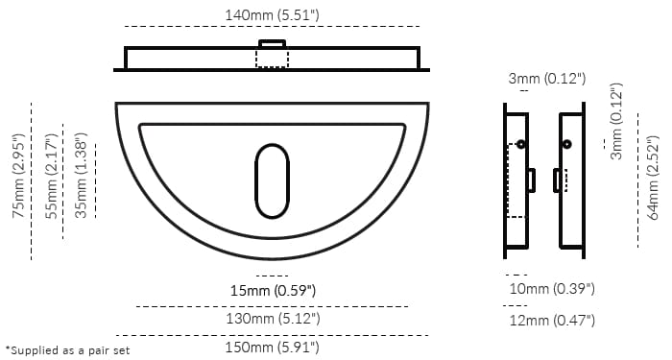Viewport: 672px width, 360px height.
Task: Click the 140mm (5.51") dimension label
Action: pyautogui.click(x=271, y=14)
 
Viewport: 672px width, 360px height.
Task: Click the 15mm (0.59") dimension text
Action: pyautogui.click(x=272, y=290)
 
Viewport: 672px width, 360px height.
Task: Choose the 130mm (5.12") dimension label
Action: pyautogui.click(x=272, y=318)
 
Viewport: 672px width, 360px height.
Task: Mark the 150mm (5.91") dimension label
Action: pyautogui.click(x=272, y=346)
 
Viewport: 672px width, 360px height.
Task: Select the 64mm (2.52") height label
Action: pyautogui.click(x=654, y=179)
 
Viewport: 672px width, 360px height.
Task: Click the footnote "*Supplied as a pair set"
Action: pyautogui.click(x=67, y=350)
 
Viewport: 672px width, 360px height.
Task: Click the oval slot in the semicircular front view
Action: pyautogui.click(x=271, y=180)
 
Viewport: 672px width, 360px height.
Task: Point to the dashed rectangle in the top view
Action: pyautogui.click(x=272, y=58)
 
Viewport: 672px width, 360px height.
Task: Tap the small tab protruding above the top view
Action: pyautogui.click(x=272, y=43)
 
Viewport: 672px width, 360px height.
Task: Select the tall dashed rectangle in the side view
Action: pyautogui.click(x=516, y=180)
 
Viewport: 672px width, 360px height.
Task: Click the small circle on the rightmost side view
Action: pyautogui.click(x=567, y=144)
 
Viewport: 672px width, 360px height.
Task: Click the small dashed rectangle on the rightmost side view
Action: pyautogui.click(x=561, y=180)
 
